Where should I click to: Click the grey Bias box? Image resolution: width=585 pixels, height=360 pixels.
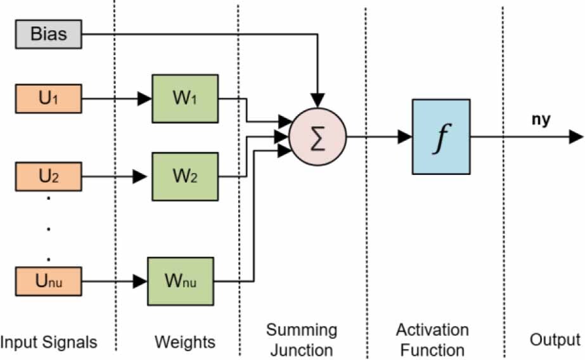[x=48, y=35]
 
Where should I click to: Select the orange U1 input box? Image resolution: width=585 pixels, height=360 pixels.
[x=48, y=99]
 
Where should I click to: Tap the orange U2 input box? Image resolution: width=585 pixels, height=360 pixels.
[x=48, y=177]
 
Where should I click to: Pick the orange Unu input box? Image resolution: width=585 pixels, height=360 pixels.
[x=48, y=280]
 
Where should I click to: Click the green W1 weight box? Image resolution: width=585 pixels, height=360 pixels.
[x=185, y=98]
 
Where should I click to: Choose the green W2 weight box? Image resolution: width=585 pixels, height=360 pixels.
[x=185, y=177]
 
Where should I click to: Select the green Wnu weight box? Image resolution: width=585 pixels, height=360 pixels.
[x=180, y=280]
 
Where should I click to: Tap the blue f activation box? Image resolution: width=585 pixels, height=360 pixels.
[x=441, y=136]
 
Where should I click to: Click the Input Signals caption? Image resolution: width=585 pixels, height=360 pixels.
[x=49, y=343]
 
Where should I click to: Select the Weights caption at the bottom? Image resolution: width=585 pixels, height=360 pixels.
[x=185, y=343]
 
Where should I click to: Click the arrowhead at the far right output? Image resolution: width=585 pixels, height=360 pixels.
[x=576, y=136]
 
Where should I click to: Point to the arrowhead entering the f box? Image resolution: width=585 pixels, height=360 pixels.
[x=405, y=136]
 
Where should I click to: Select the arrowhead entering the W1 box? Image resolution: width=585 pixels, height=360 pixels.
[x=145, y=99]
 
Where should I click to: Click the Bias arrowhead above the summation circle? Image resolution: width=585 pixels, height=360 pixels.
[x=318, y=100]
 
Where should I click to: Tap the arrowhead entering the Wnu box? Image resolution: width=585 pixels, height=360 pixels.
[x=140, y=280]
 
